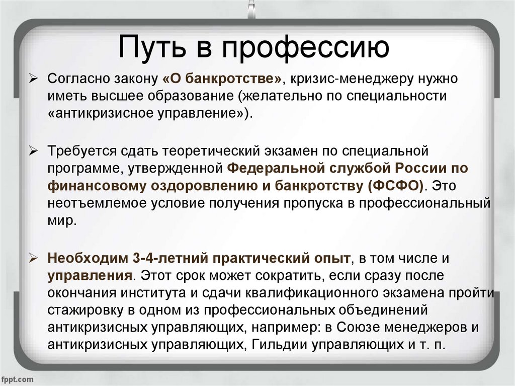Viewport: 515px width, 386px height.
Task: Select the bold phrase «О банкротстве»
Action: pyautogui.click(x=222, y=79)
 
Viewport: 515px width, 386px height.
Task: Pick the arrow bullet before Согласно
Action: pyautogui.click(x=34, y=79)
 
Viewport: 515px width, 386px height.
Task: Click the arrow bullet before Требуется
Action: pyautogui.click(x=34, y=151)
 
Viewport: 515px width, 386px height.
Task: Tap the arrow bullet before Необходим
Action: pyautogui.click(x=34, y=258)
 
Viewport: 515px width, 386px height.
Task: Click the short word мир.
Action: pyautogui.click(x=62, y=220)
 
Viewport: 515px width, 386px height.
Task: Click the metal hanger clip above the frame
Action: pyautogui.click(x=251, y=9)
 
